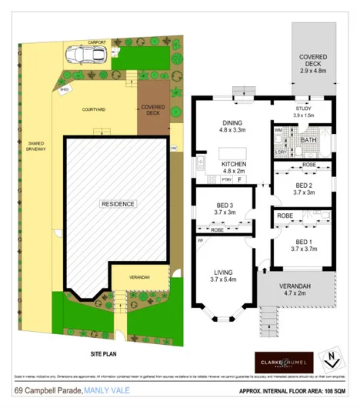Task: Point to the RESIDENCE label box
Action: [x=118, y=204]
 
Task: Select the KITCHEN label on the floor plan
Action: [x=233, y=165]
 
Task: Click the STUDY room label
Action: [x=303, y=110]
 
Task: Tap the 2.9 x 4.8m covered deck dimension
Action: [x=313, y=70]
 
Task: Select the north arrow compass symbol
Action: [x=331, y=360]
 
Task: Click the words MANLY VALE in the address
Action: [x=106, y=390]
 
